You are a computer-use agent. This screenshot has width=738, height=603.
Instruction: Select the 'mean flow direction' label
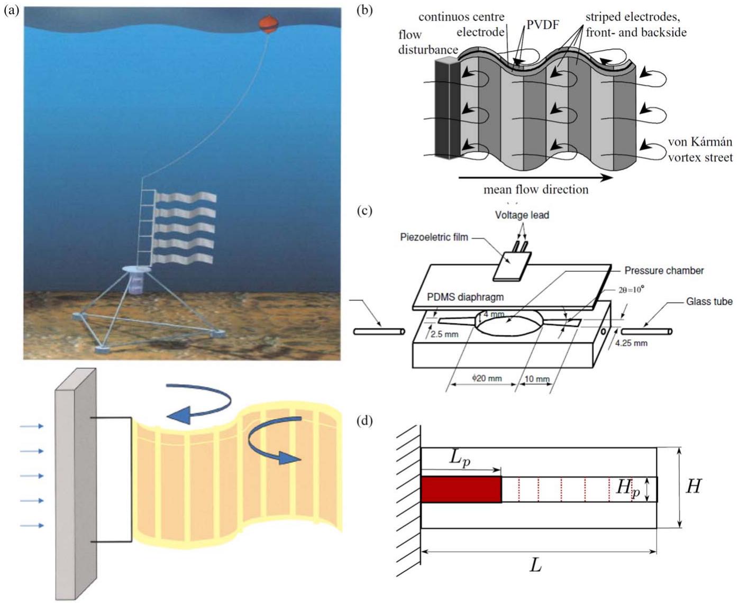coord(536,189)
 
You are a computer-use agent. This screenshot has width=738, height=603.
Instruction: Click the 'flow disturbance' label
coord(428,42)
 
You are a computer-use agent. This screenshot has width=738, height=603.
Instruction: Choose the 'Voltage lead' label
coord(522,215)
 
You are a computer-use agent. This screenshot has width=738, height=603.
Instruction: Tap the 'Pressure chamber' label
coord(664,270)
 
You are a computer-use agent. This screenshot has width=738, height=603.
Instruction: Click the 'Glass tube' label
coord(709,301)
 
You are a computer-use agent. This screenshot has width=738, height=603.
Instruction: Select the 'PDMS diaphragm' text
coord(465,297)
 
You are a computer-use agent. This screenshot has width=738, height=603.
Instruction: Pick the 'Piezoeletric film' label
coord(434,237)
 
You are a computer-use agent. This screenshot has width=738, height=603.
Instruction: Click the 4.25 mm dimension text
coord(631,343)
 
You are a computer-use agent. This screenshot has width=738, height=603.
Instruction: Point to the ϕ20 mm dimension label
coord(487,378)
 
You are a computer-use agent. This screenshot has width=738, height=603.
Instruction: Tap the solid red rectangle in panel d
coord(461,489)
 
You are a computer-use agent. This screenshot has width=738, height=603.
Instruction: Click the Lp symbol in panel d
coord(459,460)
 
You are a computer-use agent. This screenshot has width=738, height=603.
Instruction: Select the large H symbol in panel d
coord(693,486)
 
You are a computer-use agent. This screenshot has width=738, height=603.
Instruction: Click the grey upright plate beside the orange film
coord(76,484)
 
